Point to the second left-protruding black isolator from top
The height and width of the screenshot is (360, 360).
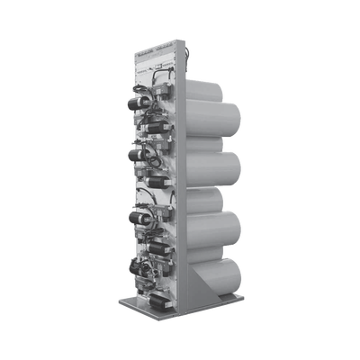tap(137, 154)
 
